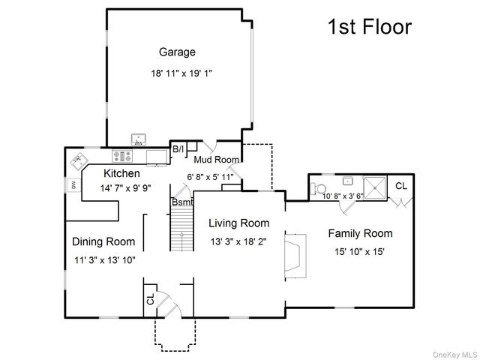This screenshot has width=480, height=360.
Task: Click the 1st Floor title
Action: [x=370, y=26]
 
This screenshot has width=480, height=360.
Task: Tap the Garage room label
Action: [x=177, y=52]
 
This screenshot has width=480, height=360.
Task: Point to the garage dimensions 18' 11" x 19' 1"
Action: [x=181, y=73]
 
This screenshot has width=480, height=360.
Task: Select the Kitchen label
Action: [x=121, y=173]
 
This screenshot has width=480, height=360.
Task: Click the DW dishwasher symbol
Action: [x=73, y=185]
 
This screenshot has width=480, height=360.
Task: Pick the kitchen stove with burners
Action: [x=122, y=156]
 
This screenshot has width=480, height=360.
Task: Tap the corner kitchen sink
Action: [x=79, y=161]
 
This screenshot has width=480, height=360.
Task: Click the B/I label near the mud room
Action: [x=178, y=149]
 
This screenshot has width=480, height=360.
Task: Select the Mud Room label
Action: [x=217, y=160]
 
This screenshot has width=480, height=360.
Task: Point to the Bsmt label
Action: [x=182, y=202]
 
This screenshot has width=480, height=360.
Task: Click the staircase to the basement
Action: [x=181, y=228]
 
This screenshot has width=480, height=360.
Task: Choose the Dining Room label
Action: [x=103, y=241]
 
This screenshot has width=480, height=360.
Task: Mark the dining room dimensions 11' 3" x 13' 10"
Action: [x=105, y=260]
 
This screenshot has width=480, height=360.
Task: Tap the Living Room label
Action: [x=239, y=223]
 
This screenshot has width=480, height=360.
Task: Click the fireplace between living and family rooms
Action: [x=295, y=256]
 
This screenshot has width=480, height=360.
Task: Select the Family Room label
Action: [x=360, y=233]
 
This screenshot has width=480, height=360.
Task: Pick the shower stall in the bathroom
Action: [x=375, y=187]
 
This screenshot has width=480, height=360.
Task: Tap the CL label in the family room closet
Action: [x=401, y=186]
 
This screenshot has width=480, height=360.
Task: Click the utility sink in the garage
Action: [x=139, y=140]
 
